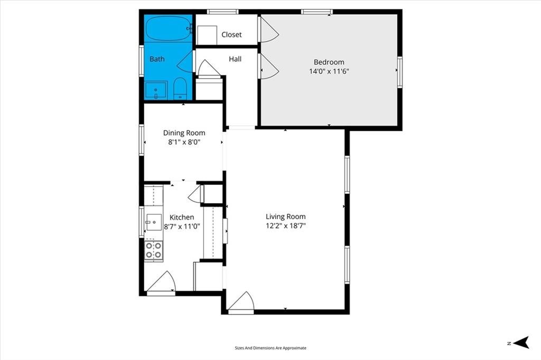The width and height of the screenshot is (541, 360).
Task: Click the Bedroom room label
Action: [x=329, y=62]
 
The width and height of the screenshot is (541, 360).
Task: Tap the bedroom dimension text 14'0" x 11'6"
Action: [x=329, y=71]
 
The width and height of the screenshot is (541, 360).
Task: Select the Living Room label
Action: [x=286, y=216]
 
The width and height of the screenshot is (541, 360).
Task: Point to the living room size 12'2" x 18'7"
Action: [x=286, y=226]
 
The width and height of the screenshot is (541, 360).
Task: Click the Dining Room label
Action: [x=184, y=133]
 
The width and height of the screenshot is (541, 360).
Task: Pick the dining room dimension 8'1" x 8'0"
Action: [x=184, y=141]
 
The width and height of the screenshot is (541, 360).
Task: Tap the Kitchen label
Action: [x=182, y=217]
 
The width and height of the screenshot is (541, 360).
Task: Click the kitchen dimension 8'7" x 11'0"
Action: [x=182, y=226]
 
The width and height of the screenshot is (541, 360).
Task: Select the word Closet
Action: [x=231, y=34]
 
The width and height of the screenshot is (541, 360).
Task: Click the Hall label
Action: [x=235, y=59]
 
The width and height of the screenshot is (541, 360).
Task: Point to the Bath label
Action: [x=157, y=59]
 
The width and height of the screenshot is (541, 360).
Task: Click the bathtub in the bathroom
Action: [x=169, y=29]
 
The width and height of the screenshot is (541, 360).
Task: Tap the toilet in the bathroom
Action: [x=180, y=88]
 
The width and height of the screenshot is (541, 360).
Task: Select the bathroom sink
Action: [x=156, y=90]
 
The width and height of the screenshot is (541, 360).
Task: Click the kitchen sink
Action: [x=154, y=222]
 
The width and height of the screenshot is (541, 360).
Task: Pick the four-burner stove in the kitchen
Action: [x=154, y=250]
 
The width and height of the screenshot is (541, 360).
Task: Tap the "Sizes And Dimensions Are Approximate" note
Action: [x=270, y=348]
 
